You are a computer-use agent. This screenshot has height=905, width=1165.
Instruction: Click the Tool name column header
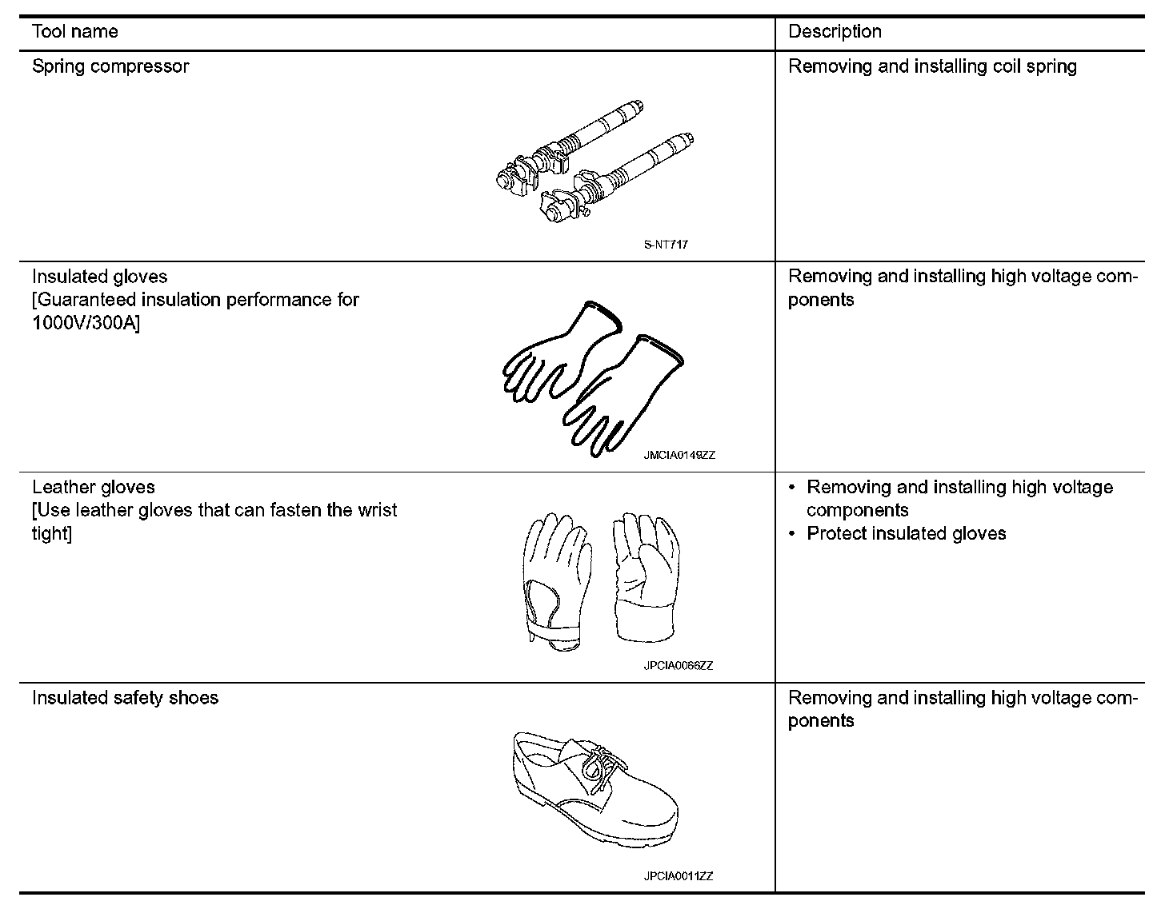click(74, 32)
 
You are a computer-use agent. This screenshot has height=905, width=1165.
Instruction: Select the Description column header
click(835, 32)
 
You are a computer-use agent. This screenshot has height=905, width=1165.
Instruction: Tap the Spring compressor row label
click(110, 66)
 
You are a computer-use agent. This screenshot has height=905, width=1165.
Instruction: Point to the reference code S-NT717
click(665, 245)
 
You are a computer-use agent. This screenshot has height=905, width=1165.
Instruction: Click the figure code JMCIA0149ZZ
click(679, 455)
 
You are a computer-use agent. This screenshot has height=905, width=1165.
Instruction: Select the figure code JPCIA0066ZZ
click(678, 665)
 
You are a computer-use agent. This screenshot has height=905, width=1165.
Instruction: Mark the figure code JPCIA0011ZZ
click(678, 875)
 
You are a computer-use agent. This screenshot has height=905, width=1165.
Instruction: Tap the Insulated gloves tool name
click(100, 277)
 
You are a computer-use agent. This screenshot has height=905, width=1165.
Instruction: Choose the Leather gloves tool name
click(94, 487)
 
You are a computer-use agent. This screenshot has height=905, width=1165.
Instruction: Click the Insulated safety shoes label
click(125, 698)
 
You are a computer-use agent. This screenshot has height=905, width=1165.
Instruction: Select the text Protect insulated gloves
click(906, 533)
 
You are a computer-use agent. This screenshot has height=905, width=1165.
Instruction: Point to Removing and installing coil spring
click(932, 66)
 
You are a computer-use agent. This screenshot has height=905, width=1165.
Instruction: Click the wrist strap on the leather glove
click(555, 632)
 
